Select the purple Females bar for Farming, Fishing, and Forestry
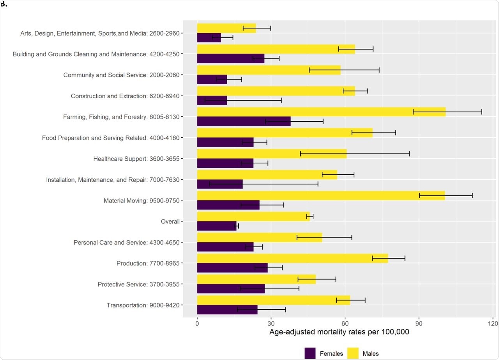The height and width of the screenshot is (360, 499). pos(244,121)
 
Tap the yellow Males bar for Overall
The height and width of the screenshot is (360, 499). pos(253,216)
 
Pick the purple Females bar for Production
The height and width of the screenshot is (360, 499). pos(232,268)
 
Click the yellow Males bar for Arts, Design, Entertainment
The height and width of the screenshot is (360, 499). pos(226,28)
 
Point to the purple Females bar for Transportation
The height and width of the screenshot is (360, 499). pos(227,310)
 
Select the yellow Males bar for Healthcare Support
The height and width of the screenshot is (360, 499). pos(272,154)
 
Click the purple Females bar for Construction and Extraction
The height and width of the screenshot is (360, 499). pos(212,100)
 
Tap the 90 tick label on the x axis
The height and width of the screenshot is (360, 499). pos(419,323)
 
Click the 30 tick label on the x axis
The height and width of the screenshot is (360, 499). pos(271,323)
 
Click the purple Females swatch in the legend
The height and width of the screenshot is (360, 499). pos(310,353)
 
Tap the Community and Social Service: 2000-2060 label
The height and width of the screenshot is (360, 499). pos(121,75)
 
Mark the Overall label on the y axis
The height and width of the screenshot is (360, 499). pos(170,222)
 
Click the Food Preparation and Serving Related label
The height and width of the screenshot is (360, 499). pos(111,138)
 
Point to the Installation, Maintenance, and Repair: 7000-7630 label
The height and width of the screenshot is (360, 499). pos(113,180)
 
